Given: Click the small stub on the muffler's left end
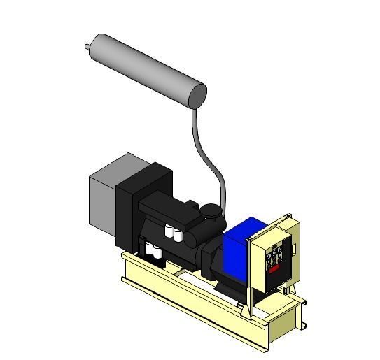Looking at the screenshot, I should (86, 47).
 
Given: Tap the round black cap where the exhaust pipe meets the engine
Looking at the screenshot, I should (209, 209).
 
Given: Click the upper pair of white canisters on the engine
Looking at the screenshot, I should (171, 233).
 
